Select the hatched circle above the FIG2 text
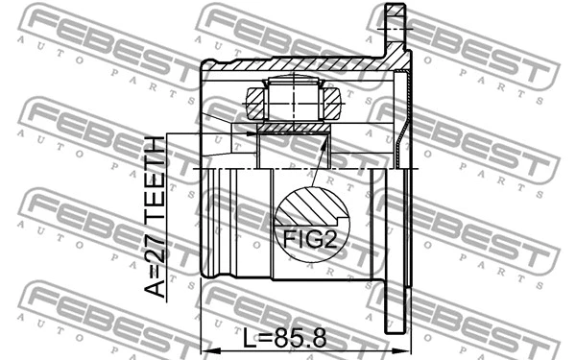pyautogui.click(x=307, y=206)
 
